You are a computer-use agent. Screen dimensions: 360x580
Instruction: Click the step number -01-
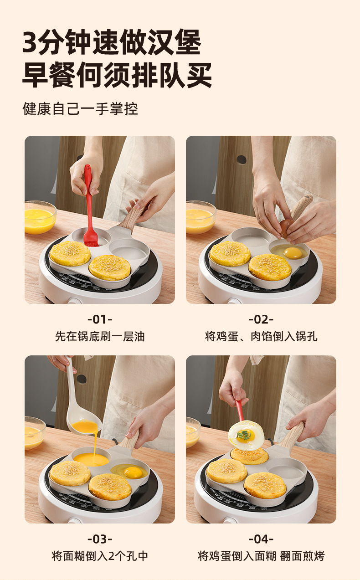pyautogui.click(x=100, y=319)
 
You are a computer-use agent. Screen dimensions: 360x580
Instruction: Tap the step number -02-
pyautogui.click(x=261, y=319)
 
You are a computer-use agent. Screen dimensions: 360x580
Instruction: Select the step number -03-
pyautogui.click(x=100, y=539)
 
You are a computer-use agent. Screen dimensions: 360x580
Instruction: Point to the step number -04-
pyautogui.click(x=261, y=539)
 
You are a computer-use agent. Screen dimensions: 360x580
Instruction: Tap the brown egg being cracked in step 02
pyautogui.click(x=287, y=227)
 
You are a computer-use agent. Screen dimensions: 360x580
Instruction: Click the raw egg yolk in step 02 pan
pyautogui.click(x=293, y=252)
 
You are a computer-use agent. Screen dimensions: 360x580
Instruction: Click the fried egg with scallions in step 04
pyautogui.click(x=246, y=436)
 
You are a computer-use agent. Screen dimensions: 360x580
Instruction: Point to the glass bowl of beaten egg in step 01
pyautogui.click(x=40, y=217)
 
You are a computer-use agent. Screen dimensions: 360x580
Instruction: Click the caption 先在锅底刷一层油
pyautogui.click(x=100, y=337)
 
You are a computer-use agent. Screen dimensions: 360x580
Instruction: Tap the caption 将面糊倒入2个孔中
pyautogui.click(x=100, y=556)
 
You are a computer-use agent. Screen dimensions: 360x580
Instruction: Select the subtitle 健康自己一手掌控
pyautogui.click(x=80, y=108)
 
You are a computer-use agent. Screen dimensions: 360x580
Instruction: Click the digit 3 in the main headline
pyautogui.click(x=30, y=42)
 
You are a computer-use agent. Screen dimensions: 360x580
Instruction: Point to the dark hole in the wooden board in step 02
pyautogui.click(x=242, y=159)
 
